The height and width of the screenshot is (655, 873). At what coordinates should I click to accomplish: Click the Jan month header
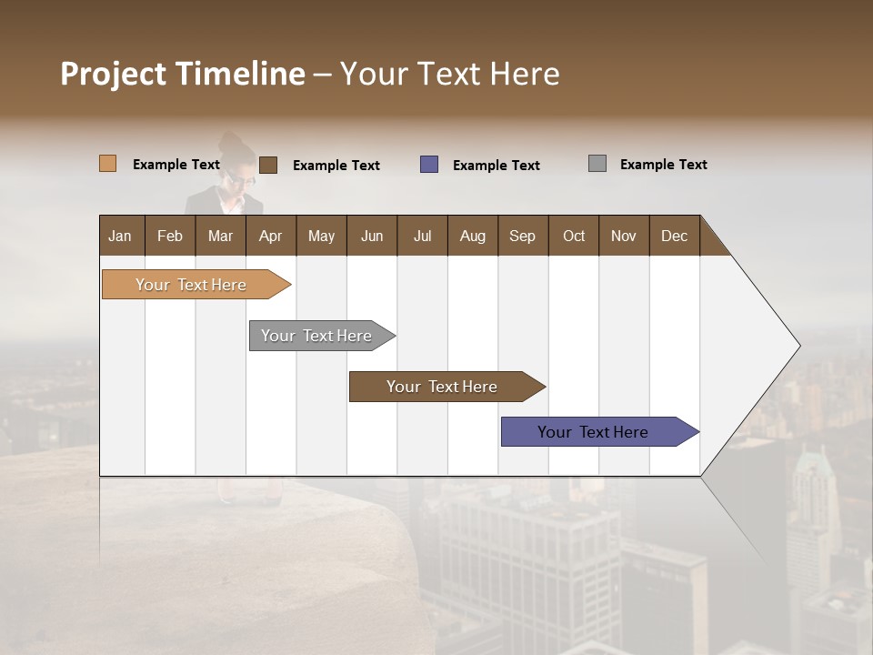point(120,236)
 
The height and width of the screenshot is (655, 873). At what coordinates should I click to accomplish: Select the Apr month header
point(270,236)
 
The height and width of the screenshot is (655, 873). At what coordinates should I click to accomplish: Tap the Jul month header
point(422,236)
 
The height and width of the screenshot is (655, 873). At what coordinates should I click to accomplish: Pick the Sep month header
point(522,236)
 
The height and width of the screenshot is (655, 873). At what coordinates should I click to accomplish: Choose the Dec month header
point(674,236)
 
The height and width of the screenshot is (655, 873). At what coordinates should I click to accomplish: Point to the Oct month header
point(573,236)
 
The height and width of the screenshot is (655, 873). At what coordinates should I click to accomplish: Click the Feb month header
point(170,236)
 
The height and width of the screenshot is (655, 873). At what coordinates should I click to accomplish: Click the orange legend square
point(108,164)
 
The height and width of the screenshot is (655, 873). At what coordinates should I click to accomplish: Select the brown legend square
point(268,165)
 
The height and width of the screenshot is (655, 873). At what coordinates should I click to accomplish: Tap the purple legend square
point(429,165)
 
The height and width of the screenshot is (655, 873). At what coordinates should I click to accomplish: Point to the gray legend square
point(597,164)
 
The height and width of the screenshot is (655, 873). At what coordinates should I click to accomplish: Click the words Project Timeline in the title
point(183,74)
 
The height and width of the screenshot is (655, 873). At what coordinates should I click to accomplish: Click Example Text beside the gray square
point(663,165)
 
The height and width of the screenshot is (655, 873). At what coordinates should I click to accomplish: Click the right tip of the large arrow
point(798,346)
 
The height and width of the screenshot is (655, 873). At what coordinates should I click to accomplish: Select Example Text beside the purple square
point(496,166)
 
